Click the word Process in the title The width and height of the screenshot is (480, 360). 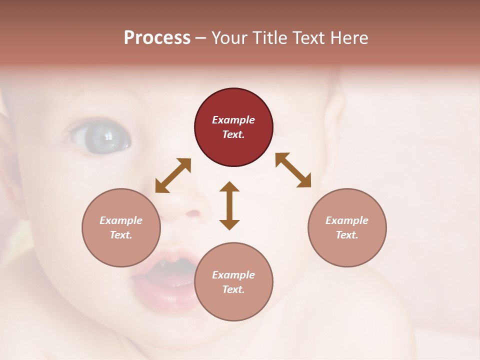[x=157, y=38]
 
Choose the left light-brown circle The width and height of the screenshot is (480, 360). [x=121, y=227]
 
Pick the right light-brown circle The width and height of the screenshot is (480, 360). [x=347, y=227]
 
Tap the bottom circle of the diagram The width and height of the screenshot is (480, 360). [x=233, y=281]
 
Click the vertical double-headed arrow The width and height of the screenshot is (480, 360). [x=229, y=205]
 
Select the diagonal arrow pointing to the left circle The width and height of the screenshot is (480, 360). [x=173, y=175]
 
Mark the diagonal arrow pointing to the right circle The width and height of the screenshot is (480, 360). [x=293, y=170]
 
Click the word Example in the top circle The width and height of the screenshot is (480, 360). [x=233, y=120]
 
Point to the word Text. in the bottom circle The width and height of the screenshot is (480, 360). [x=233, y=289]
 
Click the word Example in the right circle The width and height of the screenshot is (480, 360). [x=347, y=220]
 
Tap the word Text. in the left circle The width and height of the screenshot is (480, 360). [x=121, y=235]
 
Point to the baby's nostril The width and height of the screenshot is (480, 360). [x=192, y=213]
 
